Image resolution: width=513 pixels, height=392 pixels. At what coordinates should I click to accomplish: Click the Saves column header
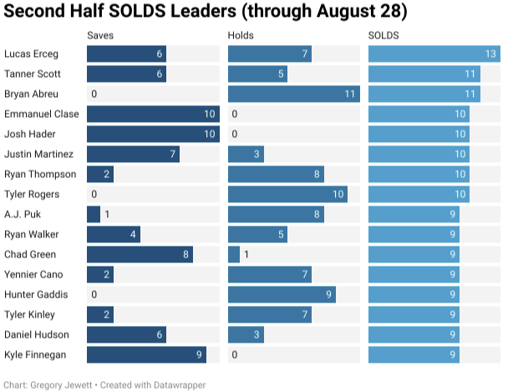click(x=100, y=36)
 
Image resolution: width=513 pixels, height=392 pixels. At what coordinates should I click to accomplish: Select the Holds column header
click(x=241, y=36)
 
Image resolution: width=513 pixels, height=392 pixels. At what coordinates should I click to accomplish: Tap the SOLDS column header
click(x=383, y=36)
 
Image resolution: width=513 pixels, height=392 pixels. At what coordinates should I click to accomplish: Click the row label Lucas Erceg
click(x=31, y=54)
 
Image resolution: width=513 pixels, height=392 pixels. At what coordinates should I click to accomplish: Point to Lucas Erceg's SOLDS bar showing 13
click(x=434, y=54)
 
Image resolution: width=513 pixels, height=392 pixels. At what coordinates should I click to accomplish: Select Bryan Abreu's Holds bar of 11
click(x=293, y=94)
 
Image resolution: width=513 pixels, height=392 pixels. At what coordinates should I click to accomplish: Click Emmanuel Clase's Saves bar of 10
click(x=153, y=115)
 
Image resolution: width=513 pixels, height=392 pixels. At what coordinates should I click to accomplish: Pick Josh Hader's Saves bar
click(x=153, y=135)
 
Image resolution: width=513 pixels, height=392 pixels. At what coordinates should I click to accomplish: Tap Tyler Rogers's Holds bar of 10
click(x=287, y=195)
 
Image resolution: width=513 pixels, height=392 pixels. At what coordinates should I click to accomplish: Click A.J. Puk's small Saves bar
click(x=94, y=215)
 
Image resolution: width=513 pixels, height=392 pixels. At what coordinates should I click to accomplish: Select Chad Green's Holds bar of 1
click(x=234, y=255)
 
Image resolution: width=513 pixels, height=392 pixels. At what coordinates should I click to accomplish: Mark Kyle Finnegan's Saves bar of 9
click(x=146, y=355)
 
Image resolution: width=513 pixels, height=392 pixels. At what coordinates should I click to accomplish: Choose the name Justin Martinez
click(x=38, y=155)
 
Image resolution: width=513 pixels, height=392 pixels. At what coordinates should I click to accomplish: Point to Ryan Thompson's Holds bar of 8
click(x=276, y=175)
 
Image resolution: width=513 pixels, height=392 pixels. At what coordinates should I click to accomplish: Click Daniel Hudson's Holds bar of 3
click(x=246, y=335)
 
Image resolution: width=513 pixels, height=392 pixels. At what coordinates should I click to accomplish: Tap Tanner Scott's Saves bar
click(x=126, y=74)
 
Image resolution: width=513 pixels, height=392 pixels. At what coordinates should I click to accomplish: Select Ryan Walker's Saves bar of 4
click(x=114, y=235)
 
